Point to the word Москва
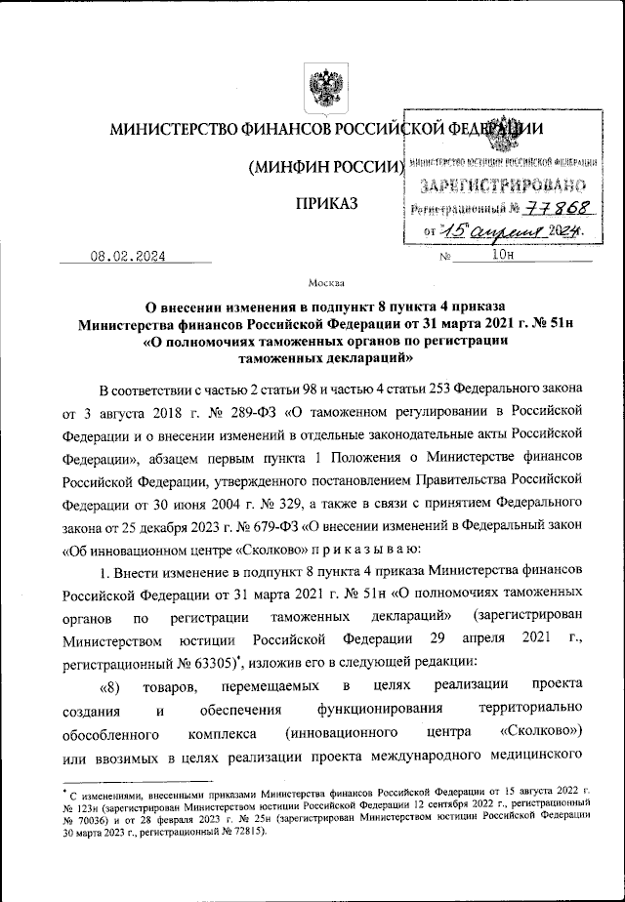click(x=326, y=284)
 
